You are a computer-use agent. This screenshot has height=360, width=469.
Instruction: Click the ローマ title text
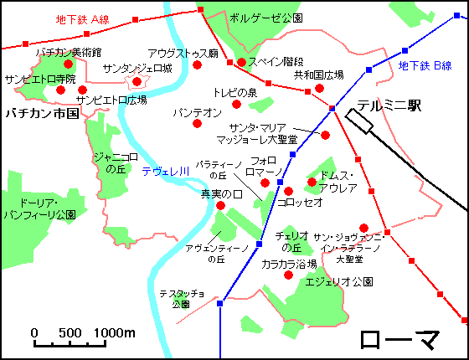pos(401,340)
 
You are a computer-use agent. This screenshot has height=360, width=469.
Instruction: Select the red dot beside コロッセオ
pos(289,191)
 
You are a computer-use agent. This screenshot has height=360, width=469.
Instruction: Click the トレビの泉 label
pos(234,92)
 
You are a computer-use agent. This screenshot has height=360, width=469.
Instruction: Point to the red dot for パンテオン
pos(198,123)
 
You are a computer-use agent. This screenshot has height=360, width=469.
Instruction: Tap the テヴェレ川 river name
pos(165,172)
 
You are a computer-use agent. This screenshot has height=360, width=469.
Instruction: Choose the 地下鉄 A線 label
pos(82,18)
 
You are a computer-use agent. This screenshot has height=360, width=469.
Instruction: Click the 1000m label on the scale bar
pos(115,333)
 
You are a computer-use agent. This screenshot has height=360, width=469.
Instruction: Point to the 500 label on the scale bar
pos(68,333)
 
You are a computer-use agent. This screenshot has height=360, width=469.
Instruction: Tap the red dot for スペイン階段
pos(241,62)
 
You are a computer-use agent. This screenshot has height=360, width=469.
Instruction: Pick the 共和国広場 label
pos(319,75)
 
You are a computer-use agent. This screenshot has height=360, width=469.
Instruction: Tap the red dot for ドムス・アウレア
pos(312,182)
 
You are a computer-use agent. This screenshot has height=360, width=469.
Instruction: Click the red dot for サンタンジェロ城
pos(137,81)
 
